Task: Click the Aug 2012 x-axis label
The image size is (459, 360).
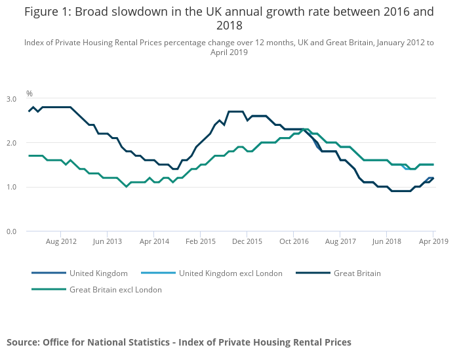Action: tap(61, 241)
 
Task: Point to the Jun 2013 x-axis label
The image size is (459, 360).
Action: tap(108, 241)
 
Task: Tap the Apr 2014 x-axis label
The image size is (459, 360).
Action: tap(153, 241)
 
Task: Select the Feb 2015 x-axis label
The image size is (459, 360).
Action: tap(200, 241)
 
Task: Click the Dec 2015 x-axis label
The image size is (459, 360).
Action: tap(247, 241)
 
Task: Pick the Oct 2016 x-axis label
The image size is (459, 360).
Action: tap(293, 241)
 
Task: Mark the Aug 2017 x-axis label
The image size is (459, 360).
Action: tap(340, 241)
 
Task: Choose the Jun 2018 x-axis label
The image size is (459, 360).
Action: tap(387, 241)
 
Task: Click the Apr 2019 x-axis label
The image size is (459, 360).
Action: tap(433, 241)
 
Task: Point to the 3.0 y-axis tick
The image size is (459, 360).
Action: tap(12, 99)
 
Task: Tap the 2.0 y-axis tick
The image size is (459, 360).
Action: tap(12, 143)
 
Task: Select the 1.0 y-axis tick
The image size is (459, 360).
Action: tap(12, 188)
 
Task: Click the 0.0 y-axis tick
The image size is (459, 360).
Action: tap(12, 231)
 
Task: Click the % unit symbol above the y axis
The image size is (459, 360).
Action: tap(30, 94)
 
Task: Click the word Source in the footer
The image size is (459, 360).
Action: tap(22, 342)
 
